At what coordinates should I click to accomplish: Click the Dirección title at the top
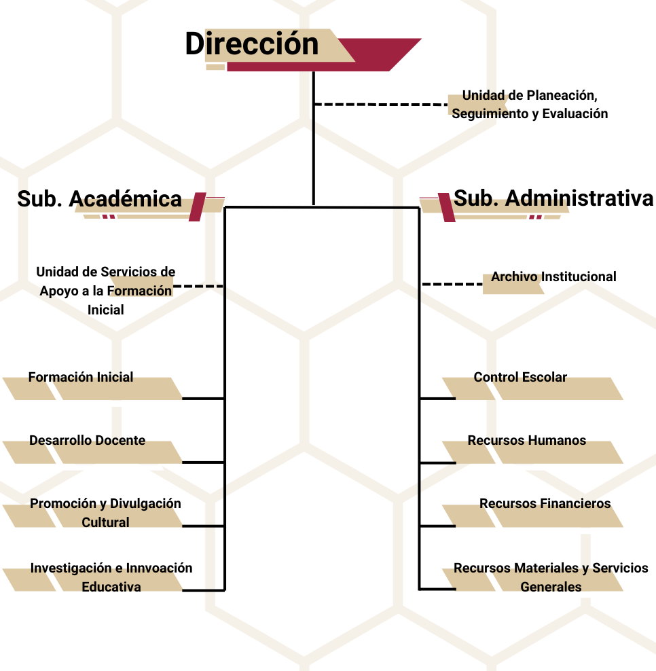252,43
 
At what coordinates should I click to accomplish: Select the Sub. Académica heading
99,199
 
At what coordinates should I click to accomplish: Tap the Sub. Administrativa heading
553,198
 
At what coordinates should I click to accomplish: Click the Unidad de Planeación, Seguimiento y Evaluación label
530,105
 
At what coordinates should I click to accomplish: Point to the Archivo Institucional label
553,276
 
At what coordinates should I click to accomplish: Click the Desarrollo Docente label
88,440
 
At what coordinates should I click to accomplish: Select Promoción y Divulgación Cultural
105,513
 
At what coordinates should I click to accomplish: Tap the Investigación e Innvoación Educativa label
111,577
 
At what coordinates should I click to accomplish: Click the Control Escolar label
520,377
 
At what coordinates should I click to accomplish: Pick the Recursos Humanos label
527,440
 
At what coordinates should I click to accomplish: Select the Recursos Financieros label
545,503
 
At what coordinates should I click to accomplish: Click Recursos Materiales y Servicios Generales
551,577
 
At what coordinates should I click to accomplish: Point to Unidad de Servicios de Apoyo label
106,291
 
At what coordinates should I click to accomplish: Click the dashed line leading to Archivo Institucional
452,284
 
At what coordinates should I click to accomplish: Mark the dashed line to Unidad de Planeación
381,104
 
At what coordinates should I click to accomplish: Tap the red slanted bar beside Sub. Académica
197,206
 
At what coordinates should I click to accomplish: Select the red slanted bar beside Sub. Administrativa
446,208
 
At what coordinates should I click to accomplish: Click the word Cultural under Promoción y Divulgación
105,522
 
